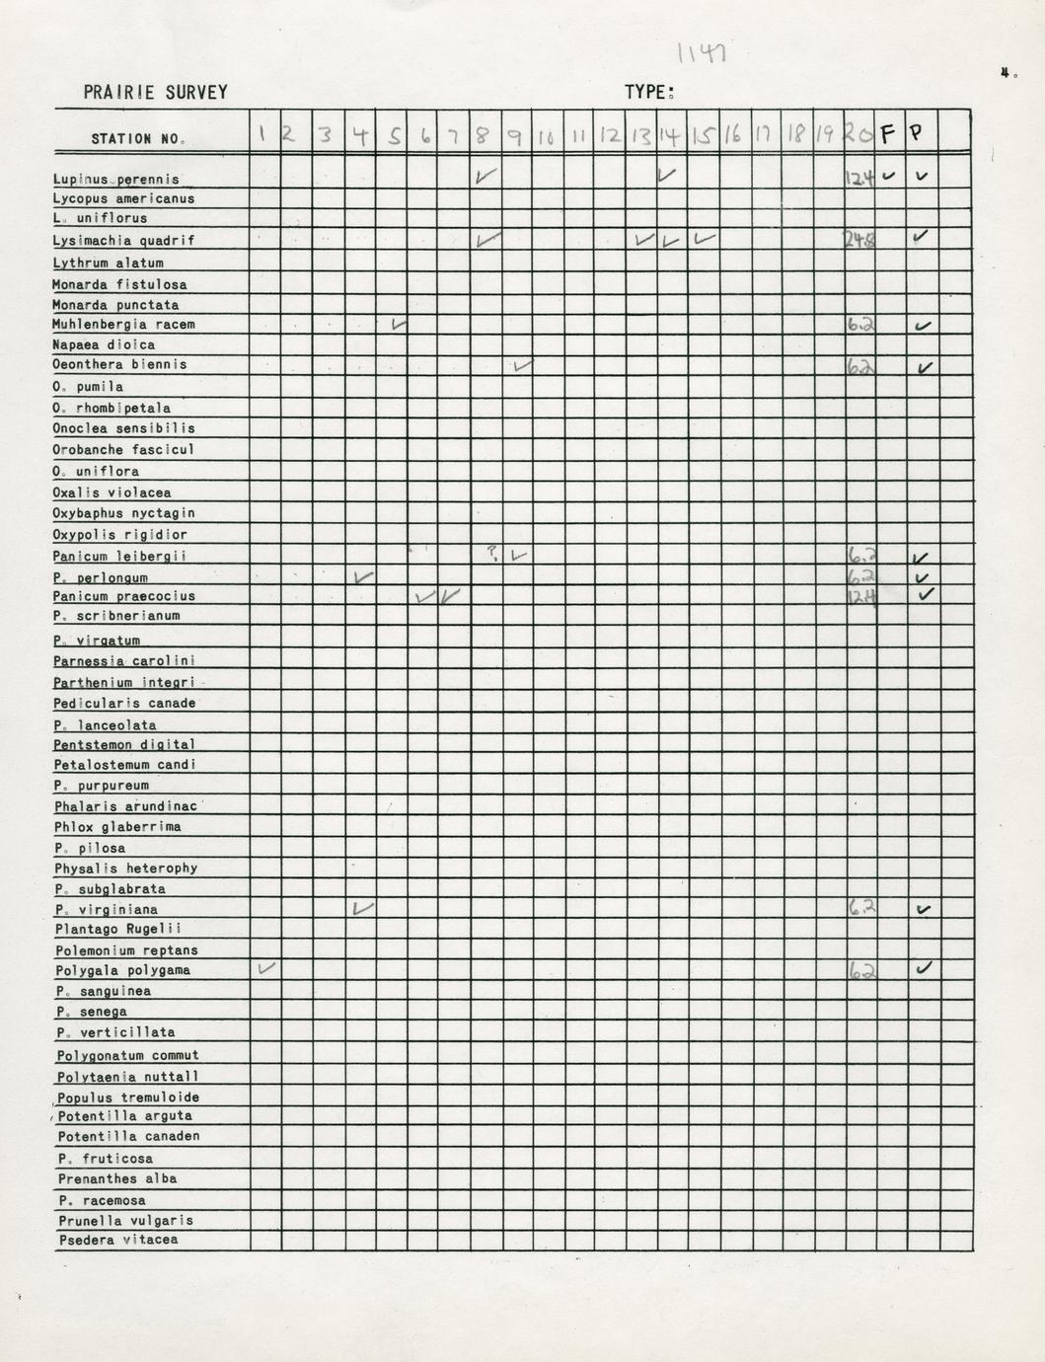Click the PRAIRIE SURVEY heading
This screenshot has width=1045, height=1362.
(x=155, y=93)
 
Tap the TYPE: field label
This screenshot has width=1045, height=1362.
(x=648, y=93)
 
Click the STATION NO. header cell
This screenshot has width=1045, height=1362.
(x=137, y=139)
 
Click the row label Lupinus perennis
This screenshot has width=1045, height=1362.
(x=116, y=180)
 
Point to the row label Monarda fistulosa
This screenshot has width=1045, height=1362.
(x=119, y=284)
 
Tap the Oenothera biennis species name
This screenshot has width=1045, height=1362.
(x=119, y=364)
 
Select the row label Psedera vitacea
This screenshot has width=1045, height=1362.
(x=118, y=1240)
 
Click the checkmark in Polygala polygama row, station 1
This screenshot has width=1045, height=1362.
(x=265, y=968)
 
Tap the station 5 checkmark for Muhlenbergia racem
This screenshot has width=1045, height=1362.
(x=399, y=324)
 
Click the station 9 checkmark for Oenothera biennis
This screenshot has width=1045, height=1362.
(x=522, y=366)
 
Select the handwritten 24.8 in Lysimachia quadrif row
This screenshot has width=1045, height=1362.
(x=858, y=239)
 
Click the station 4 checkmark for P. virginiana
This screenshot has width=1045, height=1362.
(x=362, y=907)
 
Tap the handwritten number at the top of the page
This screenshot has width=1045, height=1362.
(x=702, y=52)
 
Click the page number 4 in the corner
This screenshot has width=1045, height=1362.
(x=1007, y=72)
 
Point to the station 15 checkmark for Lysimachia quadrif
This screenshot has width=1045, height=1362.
(x=704, y=239)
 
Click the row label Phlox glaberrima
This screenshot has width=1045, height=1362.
(x=117, y=827)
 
